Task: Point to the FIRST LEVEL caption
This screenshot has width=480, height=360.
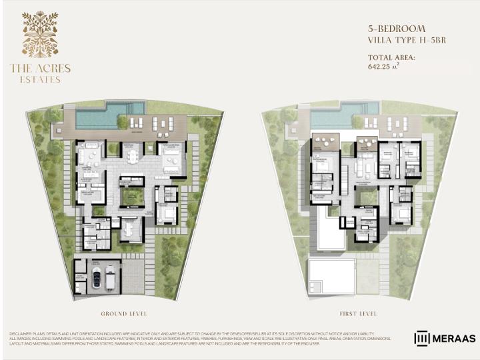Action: coord(357,313)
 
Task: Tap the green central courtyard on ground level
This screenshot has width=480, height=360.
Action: coord(133,196)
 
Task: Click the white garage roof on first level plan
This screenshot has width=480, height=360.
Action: coord(331,276)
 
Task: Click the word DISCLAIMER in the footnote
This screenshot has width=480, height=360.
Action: coord(24,333)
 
